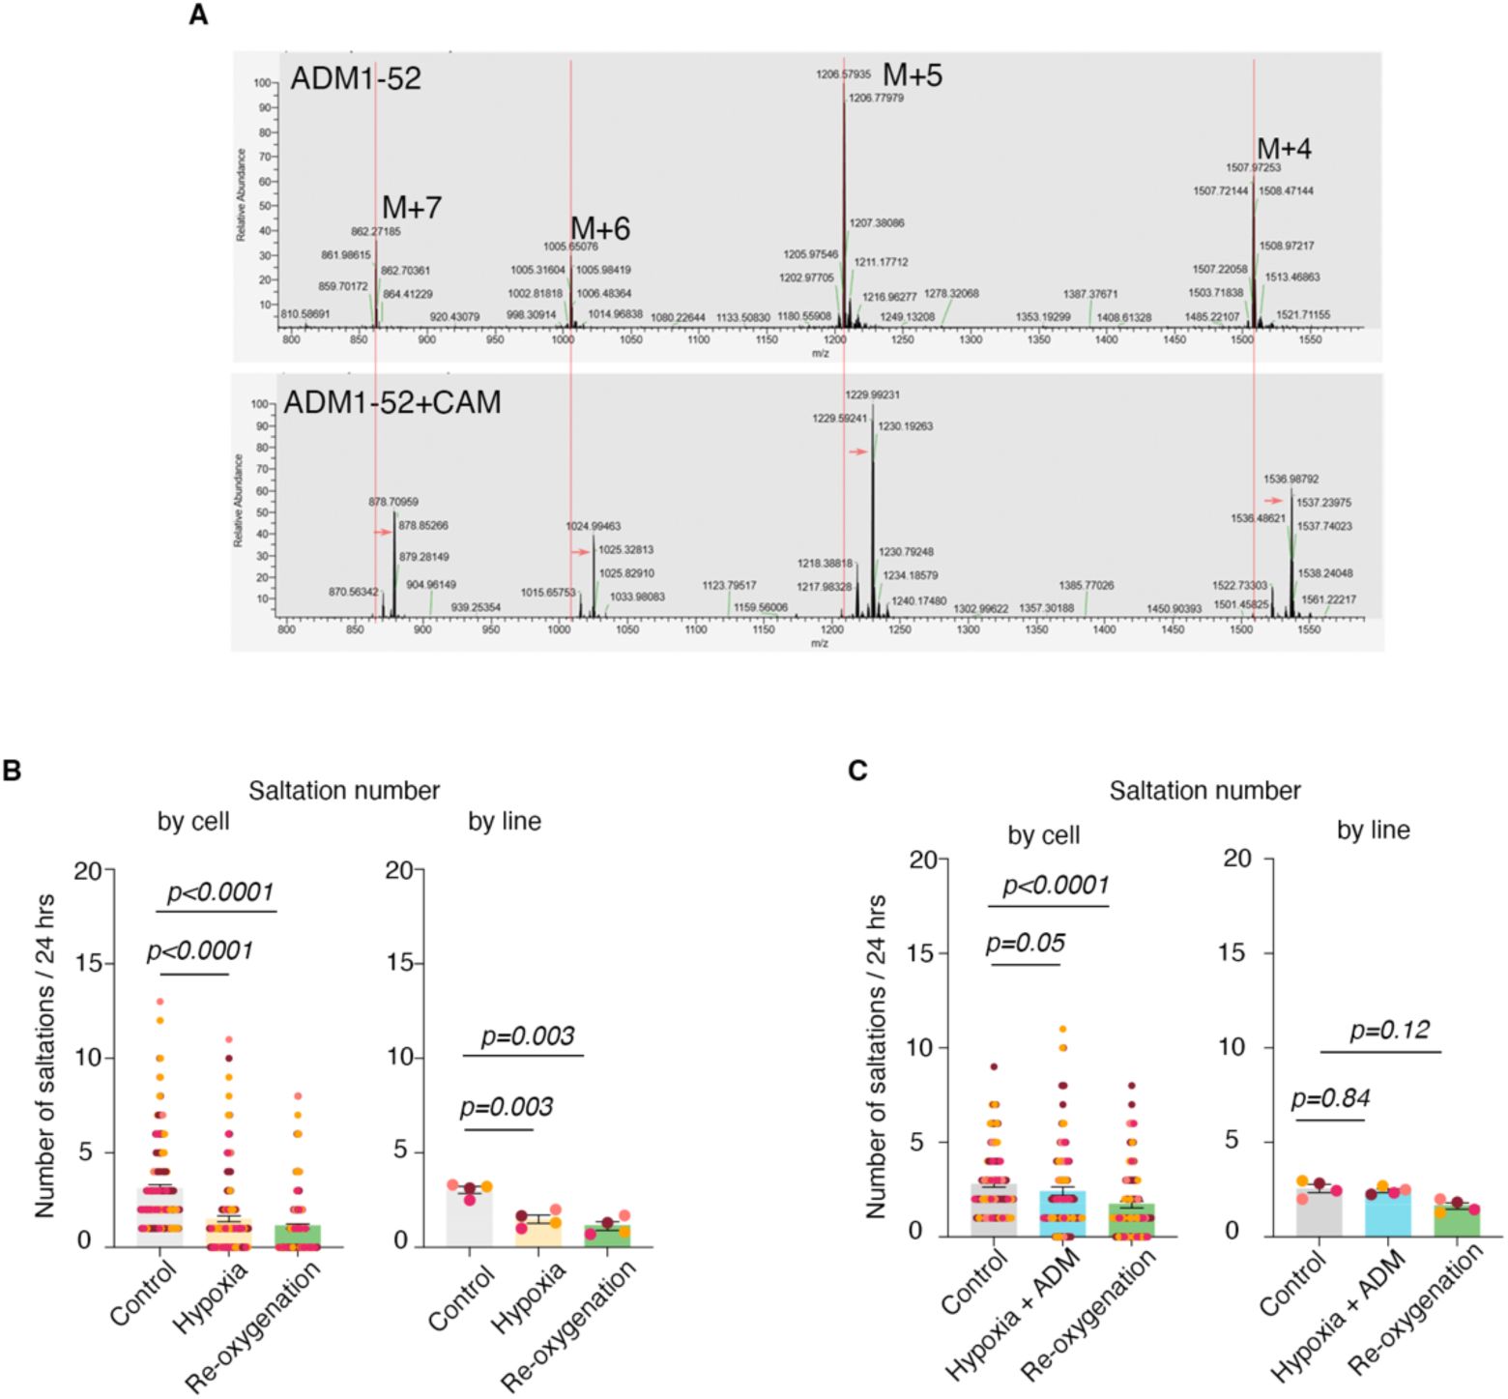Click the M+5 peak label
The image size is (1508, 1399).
pos(913,76)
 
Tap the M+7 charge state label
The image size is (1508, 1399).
pos(412,208)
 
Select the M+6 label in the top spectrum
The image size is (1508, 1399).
pos(600,229)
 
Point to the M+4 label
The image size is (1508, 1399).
pos(1284,149)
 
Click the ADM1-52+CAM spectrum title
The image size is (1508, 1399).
pos(392,401)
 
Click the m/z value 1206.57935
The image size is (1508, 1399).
pos(844,73)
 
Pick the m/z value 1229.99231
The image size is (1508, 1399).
pos(872,394)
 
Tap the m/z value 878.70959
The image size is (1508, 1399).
pos(394,502)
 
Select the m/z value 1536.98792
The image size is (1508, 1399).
pos(1291,479)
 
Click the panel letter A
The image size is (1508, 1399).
pos(198,15)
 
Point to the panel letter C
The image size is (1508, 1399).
pos(855,771)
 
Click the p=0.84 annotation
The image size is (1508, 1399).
pos(1330,1097)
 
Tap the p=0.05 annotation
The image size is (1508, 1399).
pos(1024,943)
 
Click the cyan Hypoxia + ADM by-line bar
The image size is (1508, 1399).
pos(1388,1214)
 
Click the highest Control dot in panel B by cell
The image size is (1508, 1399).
pos(160,1002)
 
